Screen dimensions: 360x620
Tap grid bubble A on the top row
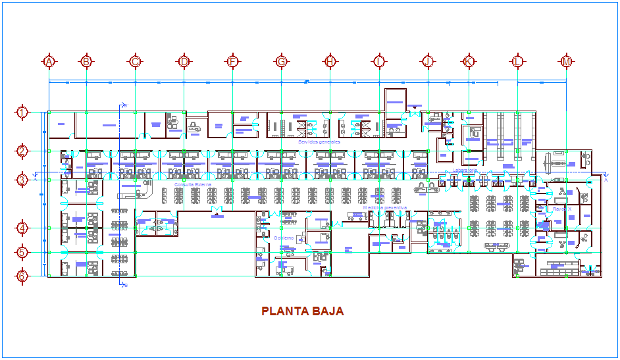click(49, 62)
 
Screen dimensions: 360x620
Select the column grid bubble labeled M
click(567, 62)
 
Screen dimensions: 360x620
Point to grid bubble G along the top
click(281, 62)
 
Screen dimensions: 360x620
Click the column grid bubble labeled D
click(184, 62)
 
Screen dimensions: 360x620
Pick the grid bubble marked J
click(428, 62)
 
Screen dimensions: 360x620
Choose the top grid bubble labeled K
click(469, 62)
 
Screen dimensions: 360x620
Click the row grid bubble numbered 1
click(22, 112)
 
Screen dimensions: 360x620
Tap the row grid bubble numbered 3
click(22, 179)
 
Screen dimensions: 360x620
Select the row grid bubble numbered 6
click(22, 276)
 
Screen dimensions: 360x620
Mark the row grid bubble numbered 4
click(22, 228)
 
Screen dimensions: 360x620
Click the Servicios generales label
click(319, 141)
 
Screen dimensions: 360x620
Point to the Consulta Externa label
click(193, 185)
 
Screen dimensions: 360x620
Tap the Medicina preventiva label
click(384, 207)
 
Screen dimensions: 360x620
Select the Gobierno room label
click(284, 238)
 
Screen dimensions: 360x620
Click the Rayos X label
click(561, 209)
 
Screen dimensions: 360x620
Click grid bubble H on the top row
click(330, 62)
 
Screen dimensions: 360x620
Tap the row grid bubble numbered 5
click(22, 253)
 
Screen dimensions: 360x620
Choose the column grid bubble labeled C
click(135, 62)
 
